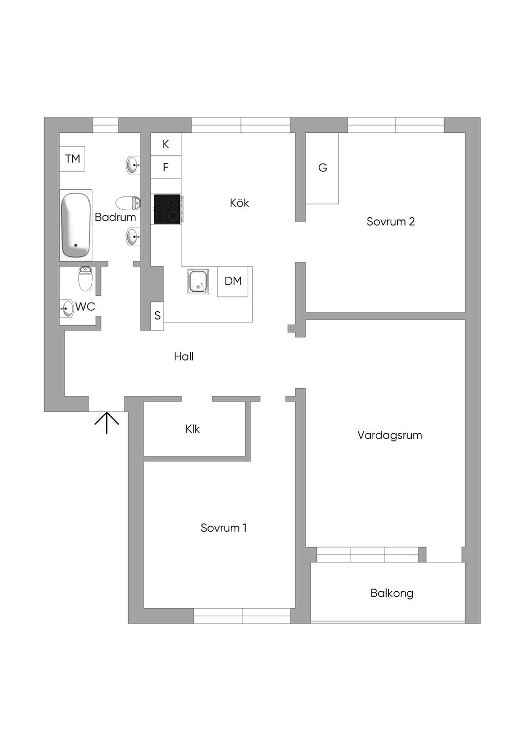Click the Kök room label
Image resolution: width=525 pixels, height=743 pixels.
point(239,203)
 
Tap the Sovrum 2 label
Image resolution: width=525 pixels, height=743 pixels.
point(390,222)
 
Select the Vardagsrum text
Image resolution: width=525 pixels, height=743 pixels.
point(390,435)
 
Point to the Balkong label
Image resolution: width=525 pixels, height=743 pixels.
point(392,593)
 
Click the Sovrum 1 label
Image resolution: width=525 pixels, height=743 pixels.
point(224,528)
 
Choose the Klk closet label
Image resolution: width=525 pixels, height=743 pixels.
point(192,429)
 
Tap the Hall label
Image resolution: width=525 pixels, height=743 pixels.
point(184,356)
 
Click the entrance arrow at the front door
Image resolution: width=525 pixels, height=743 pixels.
point(107,423)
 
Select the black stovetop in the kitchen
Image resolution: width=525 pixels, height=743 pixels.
point(167,209)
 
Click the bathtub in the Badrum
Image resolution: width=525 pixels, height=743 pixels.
point(76,225)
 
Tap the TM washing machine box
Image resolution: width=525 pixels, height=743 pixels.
point(72,159)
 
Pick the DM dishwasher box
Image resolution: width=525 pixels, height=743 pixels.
point(233,282)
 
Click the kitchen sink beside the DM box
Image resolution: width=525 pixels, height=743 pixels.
point(198,282)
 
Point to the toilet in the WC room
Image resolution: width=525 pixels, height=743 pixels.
point(85,279)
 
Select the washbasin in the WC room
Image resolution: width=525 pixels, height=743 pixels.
point(67,309)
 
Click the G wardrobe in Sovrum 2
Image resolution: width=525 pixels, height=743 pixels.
point(322,168)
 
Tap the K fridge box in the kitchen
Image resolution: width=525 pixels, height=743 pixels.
point(166,144)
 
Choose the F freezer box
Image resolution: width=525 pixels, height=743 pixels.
point(166,167)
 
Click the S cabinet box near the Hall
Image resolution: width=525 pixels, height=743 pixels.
point(157,316)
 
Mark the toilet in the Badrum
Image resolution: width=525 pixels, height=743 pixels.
point(128,203)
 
